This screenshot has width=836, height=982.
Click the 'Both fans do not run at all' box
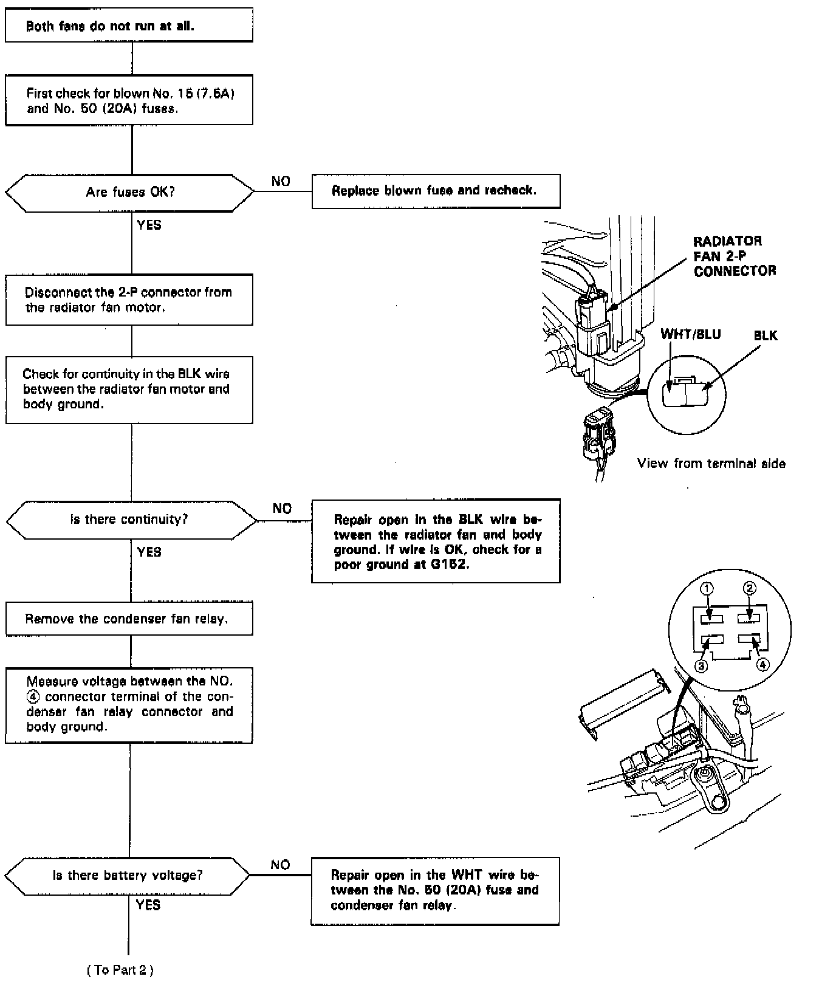[129, 26]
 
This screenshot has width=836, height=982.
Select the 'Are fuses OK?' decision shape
[129, 193]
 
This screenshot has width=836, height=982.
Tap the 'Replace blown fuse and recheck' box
[435, 191]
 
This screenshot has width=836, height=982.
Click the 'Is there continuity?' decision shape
[131, 520]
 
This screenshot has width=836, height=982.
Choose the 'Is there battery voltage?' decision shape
[128, 876]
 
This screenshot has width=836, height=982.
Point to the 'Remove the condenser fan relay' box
[129, 619]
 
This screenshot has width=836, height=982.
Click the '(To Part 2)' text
[120, 970]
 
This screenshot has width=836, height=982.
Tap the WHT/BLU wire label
[690, 335]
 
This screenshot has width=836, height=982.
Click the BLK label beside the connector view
[765, 336]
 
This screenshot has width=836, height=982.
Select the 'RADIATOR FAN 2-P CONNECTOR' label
[734, 256]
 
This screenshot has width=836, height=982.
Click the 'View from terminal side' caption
[711, 464]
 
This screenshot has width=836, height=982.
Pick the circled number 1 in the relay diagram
[707, 588]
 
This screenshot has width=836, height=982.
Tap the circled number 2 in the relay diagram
[750, 588]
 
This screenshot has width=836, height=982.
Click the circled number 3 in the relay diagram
[701, 666]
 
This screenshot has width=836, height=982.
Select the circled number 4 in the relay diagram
[763, 664]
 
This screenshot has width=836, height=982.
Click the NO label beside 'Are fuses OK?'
[281, 181]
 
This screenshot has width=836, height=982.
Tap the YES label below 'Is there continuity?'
[149, 552]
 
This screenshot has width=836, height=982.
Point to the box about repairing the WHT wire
[435, 891]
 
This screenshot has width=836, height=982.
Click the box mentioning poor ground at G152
[436, 541]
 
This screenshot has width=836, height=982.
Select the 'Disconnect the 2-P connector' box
[129, 300]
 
